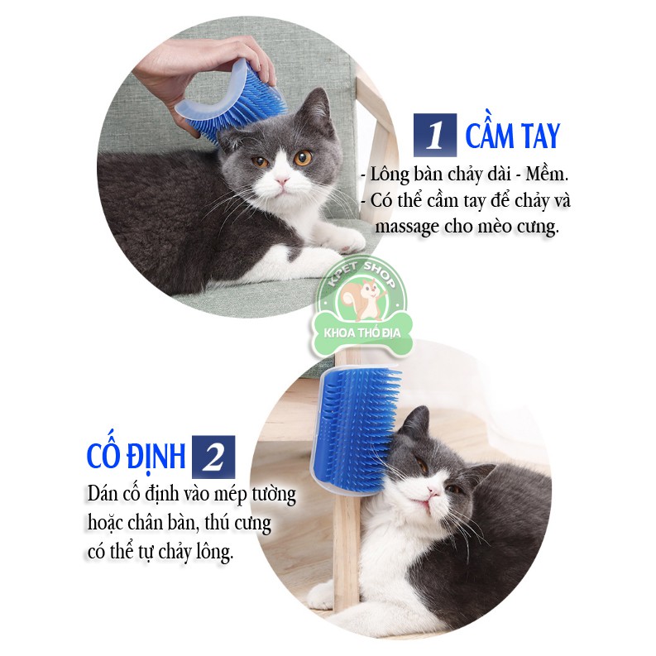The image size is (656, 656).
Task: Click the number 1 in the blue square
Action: pyautogui.click(x=435, y=136)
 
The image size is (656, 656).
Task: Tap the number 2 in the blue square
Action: pyautogui.click(x=213, y=457)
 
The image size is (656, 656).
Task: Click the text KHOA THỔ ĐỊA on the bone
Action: pyautogui.click(x=362, y=333)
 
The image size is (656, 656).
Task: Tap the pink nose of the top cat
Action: pyautogui.click(x=282, y=180)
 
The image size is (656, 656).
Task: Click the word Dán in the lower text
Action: pyautogui.click(x=102, y=494)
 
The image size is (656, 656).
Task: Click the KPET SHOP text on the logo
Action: pyautogui.click(x=362, y=273)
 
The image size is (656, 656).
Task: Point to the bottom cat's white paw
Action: pyautogui.click(x=321, y=594)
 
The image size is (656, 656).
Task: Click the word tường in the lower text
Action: pyautogui.click(x=273, y=496)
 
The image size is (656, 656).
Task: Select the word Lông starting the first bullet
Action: pyautogui.click(x=390, y=175)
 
